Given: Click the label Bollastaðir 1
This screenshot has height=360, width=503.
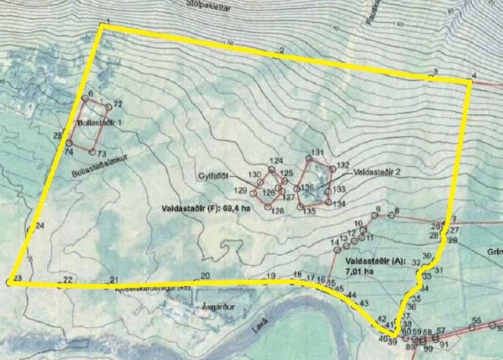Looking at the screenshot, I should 100,123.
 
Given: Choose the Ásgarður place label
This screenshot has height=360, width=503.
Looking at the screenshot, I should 209,308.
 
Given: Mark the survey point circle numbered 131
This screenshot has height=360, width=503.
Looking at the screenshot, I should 308,158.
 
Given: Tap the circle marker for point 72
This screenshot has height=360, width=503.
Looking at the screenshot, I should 108,108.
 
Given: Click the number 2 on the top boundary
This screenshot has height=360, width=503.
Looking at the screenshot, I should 281,51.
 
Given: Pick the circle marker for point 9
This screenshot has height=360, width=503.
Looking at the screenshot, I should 373,216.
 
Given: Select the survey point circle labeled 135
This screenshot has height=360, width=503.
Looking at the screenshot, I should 300,204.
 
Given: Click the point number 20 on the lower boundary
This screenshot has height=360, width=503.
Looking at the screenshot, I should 205,276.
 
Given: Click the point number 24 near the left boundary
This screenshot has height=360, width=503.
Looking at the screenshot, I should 40,226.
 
